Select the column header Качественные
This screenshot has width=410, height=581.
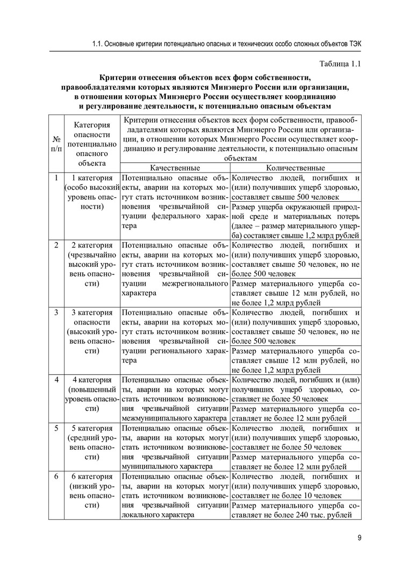point(175,168)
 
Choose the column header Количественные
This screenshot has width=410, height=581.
point(295,168)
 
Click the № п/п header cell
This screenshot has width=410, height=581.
point(56,143)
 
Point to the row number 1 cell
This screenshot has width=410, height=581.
point(56,178)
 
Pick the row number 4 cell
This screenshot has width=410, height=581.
point(56,380)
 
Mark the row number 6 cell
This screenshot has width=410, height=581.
point(56,477)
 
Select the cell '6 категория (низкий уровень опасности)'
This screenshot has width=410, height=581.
point(92,491)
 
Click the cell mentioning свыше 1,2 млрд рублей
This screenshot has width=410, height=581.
point(295,219)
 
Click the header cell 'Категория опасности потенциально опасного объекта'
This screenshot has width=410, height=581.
point(92,143)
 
